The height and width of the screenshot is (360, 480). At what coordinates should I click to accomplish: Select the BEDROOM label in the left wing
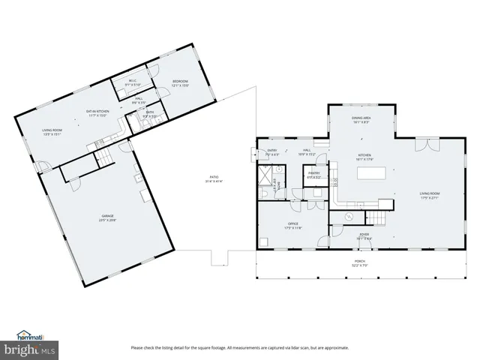180,81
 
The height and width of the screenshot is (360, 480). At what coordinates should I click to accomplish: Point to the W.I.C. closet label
132,80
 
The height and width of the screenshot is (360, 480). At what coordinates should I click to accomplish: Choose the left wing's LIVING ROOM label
52,130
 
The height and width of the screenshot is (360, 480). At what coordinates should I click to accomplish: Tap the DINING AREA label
362,118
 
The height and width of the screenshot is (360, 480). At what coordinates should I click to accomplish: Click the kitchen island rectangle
373,173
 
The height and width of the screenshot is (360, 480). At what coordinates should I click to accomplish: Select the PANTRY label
313,173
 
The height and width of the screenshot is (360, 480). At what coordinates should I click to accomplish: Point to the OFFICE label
292,223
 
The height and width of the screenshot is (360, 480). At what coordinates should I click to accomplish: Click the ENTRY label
272,150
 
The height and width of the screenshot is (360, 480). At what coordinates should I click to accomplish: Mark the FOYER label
364,235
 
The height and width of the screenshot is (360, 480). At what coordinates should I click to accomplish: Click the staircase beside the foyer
375,218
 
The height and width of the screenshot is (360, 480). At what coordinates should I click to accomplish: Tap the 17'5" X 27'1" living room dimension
429,198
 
